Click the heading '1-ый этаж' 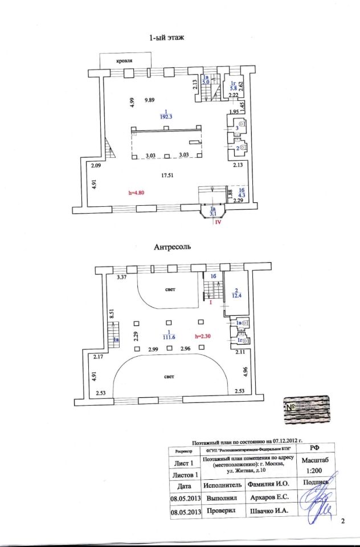(169, 38)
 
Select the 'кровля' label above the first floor (126, 60)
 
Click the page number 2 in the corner (343, 521)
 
